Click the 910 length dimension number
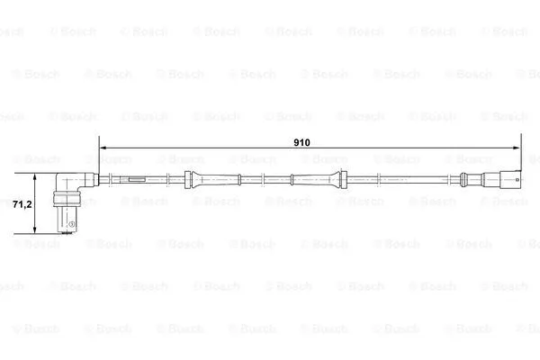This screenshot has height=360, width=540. [301, 142]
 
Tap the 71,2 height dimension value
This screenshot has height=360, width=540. [22, 204]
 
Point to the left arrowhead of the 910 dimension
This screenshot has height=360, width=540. [103, 148]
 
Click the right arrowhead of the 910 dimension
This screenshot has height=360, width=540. [517, 148]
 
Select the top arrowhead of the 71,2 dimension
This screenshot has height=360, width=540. [35, 177]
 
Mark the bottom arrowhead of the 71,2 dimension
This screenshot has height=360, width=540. [35, 229]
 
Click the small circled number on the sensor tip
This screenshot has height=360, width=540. [72, 224]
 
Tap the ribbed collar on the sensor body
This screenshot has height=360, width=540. [67, 200]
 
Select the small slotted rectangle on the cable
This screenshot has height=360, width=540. [137, 179]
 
